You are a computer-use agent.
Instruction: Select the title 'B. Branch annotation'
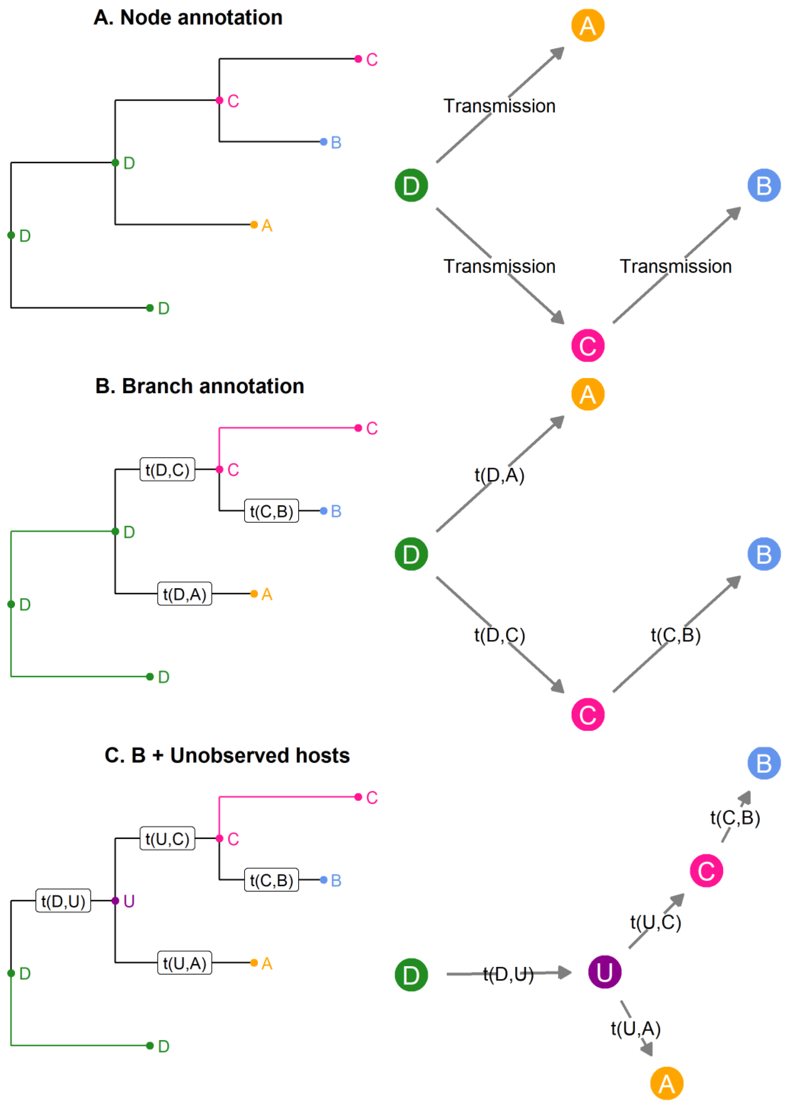[x=199, y=386]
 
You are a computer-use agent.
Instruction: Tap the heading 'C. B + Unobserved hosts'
[x=227, y=756]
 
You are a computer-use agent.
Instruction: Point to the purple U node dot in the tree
[x=115, y=901]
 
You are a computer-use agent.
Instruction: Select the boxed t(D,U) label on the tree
[x=63, y=901]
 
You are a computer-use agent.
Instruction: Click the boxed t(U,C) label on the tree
[x=167, y=839]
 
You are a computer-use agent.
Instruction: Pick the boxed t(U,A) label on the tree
[x=184, y=963]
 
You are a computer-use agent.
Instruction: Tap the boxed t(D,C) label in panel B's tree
[x=167, y=469]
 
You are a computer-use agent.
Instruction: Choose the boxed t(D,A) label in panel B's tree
[x=184, y=593]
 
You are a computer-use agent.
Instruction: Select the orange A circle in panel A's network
[x=588, y=25]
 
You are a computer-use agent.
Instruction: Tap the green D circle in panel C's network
[x=411, y=975]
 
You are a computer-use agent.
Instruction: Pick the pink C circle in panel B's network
[x=588, y=714]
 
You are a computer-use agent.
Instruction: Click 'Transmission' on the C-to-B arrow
[x=675, y=266]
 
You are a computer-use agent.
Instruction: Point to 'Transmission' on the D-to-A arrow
[x=499, y=106]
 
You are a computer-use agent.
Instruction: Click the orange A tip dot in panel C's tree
[x=254, y=963]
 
